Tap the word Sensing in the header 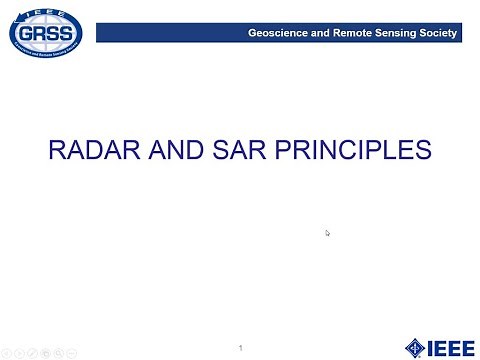(x=397, y=33)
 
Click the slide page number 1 (x=242, y=347)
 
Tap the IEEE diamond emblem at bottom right (x=414, y=347)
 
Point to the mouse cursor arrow (x=328, y=233)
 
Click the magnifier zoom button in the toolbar (x=58, y=352)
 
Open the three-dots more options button (x=71, y=352)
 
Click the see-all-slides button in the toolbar (x=46, y=352)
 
